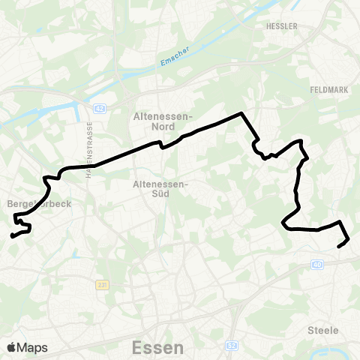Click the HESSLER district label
(282, 25)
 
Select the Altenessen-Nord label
(163, 121)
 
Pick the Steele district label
(323, 330)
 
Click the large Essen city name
(157, 348)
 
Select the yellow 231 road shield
(103, 285)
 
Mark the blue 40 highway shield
(317, 264)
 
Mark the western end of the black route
(11, 237)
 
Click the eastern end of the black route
(339, 245)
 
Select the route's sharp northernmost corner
(241, 113)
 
